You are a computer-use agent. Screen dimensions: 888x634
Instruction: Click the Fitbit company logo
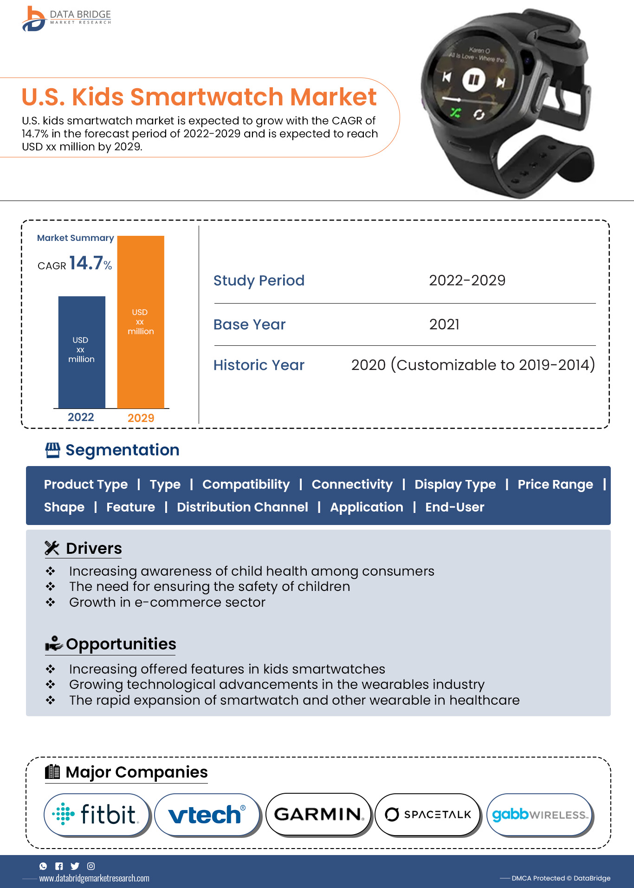tap(97, 814)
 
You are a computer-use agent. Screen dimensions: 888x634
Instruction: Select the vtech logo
tap(207, 814)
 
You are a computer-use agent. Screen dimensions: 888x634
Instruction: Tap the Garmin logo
tap(318, 814)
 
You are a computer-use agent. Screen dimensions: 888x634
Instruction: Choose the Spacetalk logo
tap(427, 814)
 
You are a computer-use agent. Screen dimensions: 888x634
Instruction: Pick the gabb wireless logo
tap(539, 814)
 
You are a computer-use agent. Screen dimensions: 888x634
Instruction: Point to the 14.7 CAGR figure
tap(86, 263)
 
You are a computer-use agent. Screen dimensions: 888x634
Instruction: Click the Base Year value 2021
tap(444, 324)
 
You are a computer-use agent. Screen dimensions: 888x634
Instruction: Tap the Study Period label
tap(259, 280)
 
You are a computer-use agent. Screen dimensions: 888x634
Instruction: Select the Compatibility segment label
tap(246, 484)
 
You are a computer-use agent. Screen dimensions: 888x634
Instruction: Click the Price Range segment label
tap(555, 484)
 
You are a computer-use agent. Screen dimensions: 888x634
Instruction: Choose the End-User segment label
tap(454, 507)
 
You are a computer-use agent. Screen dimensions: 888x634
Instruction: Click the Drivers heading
tap(94, 548)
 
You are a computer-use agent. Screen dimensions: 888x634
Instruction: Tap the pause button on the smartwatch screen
tap(473, 79)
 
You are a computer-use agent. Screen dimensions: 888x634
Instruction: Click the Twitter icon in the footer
tap(75, 866)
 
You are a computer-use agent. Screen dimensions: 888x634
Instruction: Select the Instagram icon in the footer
tap(91, 866)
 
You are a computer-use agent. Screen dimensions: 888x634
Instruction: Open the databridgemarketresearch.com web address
tap(94, 878)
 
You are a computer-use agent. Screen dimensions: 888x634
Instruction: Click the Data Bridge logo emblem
tap(34, 19)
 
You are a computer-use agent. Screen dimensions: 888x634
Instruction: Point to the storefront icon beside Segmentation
tap(52, 450)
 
